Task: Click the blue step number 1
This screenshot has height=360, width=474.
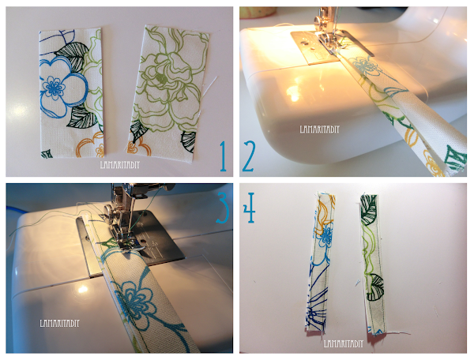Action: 223,156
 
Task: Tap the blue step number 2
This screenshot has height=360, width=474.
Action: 249,156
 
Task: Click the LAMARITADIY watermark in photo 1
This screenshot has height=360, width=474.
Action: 120,164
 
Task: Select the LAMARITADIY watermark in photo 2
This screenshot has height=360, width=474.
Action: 319,129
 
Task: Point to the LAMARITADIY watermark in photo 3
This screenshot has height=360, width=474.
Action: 59,323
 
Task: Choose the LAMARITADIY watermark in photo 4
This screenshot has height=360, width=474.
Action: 344,343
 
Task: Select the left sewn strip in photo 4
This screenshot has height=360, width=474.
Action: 319,263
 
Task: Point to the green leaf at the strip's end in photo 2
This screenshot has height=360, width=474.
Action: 456,158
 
